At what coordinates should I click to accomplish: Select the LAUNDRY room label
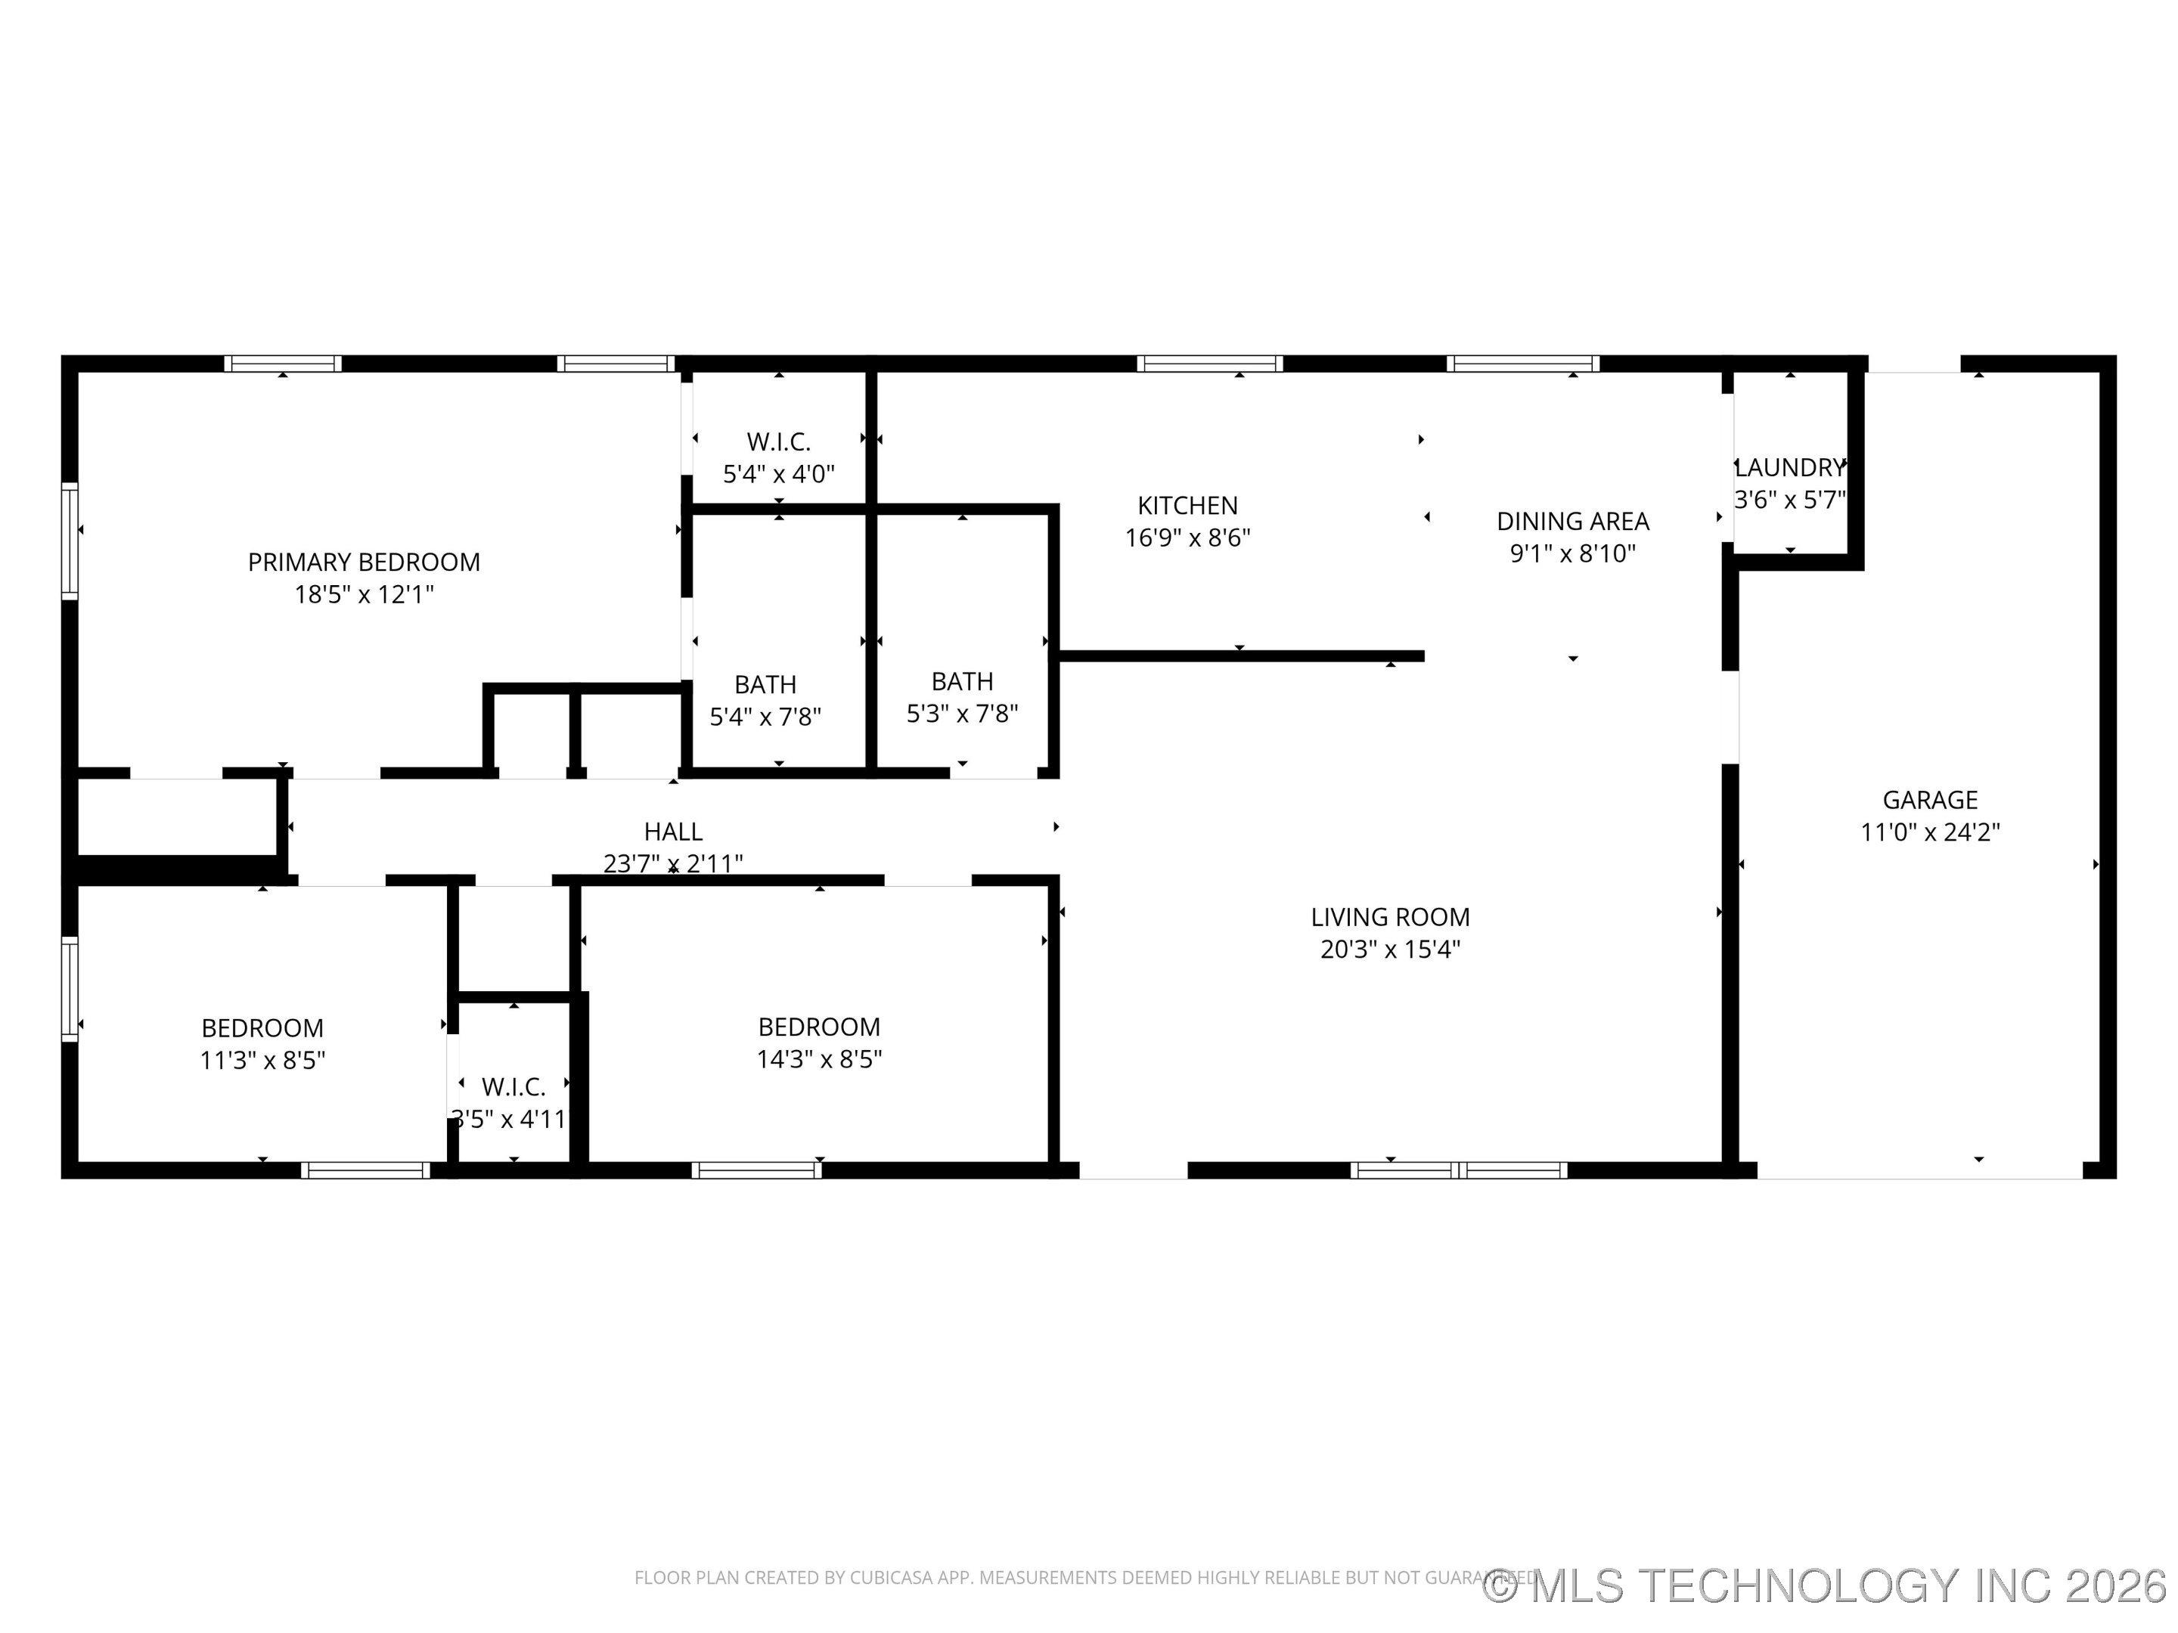pos(1789,467)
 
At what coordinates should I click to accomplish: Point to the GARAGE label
pos(1929,801)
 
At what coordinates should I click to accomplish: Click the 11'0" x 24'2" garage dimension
pos(1929,832)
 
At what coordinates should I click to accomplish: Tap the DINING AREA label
pos(1571,521)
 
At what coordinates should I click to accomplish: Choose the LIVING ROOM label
pos(1389,917)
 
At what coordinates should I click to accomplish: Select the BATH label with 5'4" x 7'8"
pos(765,684)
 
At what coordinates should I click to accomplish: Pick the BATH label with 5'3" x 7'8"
pos(962,681)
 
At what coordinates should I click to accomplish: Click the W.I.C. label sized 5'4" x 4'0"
pos(778,442)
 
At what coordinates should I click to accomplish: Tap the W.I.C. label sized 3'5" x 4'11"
pos(513,1086)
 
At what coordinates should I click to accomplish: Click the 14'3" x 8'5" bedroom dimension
pos(818,1059)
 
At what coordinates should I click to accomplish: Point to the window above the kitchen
pos(1209,363)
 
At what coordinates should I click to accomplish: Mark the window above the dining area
pos(1522,363)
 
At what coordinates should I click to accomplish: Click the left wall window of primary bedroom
pos(69,541)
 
